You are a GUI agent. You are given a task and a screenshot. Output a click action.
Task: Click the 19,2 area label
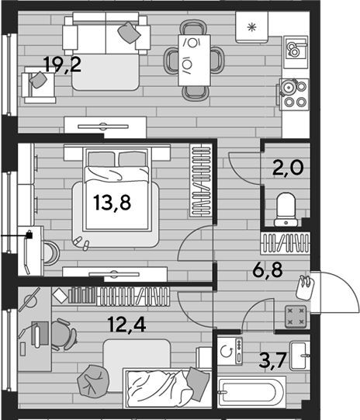coord(62,64)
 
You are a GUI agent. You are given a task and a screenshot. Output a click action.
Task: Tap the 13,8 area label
coord(112,203)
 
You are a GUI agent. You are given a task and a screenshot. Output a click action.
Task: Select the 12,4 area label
coord(127,325)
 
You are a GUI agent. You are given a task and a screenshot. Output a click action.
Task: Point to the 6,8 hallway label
coord(268,270)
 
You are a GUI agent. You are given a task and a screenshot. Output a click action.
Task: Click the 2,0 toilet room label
coord(288,168)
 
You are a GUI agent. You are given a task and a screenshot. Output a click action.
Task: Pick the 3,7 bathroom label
coord(273,360)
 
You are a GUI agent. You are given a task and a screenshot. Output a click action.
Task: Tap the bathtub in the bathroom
coord(252,392)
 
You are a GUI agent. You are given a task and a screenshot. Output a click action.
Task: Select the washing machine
coord(230,351)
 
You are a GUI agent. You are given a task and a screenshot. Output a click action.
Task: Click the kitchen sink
coord(296,49)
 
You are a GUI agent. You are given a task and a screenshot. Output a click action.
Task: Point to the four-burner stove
coord(294,94)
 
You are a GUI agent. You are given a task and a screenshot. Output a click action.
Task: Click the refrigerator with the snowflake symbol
coord(251,27)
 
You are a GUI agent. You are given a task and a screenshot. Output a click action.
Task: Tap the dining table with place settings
coord(194,61)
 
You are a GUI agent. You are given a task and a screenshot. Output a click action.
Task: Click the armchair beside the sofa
coord(39,85)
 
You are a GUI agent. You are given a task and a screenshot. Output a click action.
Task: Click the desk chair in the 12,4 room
coord(63,335)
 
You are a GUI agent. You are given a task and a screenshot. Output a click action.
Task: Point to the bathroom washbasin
coord(300,356)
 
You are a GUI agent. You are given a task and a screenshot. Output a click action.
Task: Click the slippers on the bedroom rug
coord(82,243)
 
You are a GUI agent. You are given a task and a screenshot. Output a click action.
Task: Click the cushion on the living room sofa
coord(129,33)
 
